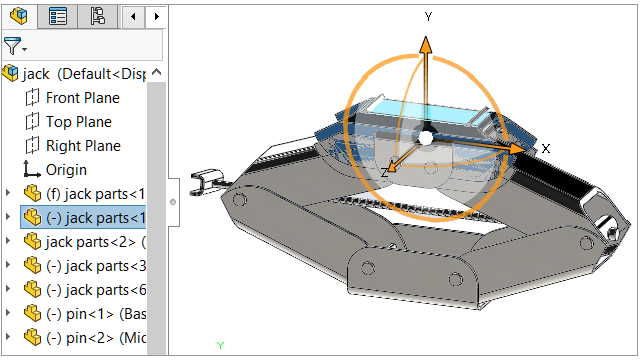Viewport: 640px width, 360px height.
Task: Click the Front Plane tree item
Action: pos(83,98)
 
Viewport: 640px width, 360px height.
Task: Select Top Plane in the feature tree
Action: pos(79,122)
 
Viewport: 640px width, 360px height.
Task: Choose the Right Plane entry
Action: pos(83,146)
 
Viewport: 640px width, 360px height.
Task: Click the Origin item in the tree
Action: pos(66,170)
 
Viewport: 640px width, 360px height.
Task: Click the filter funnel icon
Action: pos(12,46)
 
